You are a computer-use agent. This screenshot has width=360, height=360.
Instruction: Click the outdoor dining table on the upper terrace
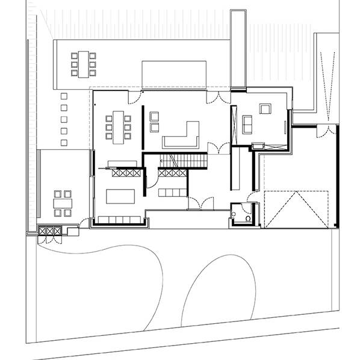pyautogui.click(x=83, y=63)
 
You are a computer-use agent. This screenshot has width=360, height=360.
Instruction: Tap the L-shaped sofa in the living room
pyautogui.click(x=184, y=137)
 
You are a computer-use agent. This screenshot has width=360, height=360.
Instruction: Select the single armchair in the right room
pyautogui.click(x=265, y=109)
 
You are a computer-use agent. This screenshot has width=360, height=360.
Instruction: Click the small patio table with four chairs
pyautogui.click(x=63, y=202)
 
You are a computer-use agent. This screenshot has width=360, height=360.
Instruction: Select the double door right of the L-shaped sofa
pyautogui.click(x=216, y=148)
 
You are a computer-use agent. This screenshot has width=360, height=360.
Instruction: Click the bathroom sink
pyautogui.click(x=234, y=212)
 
